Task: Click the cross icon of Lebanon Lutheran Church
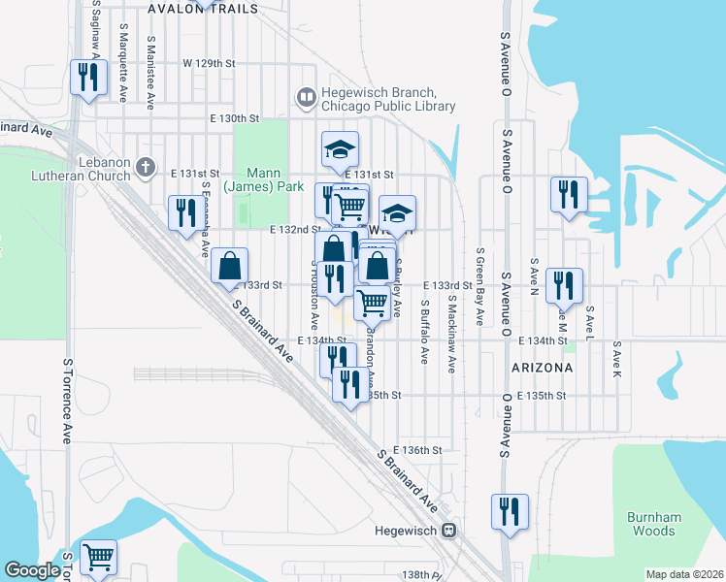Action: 146,168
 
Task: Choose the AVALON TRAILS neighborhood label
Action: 204,8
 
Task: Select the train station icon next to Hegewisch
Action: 449,531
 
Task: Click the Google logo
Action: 33,570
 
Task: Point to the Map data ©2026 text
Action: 684,574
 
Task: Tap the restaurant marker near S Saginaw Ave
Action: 90,78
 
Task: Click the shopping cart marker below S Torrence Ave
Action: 98,557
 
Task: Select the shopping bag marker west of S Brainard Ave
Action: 230,265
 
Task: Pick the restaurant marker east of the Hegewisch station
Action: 509,510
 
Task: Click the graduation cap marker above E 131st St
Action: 341,148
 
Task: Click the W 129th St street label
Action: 210,63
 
